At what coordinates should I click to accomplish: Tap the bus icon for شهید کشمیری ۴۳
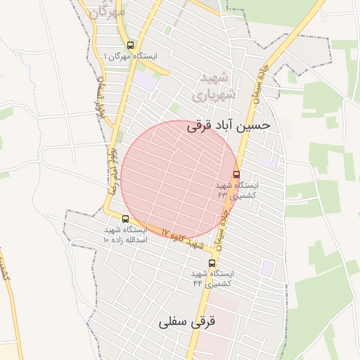pos(236,174)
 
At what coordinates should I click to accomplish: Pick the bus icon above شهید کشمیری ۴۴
pos(212,263)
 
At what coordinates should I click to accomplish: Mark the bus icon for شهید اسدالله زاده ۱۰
pos(125,219)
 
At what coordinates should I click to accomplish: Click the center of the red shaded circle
pos(179,179)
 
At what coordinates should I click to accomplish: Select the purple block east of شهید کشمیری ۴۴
pos(267,268)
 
